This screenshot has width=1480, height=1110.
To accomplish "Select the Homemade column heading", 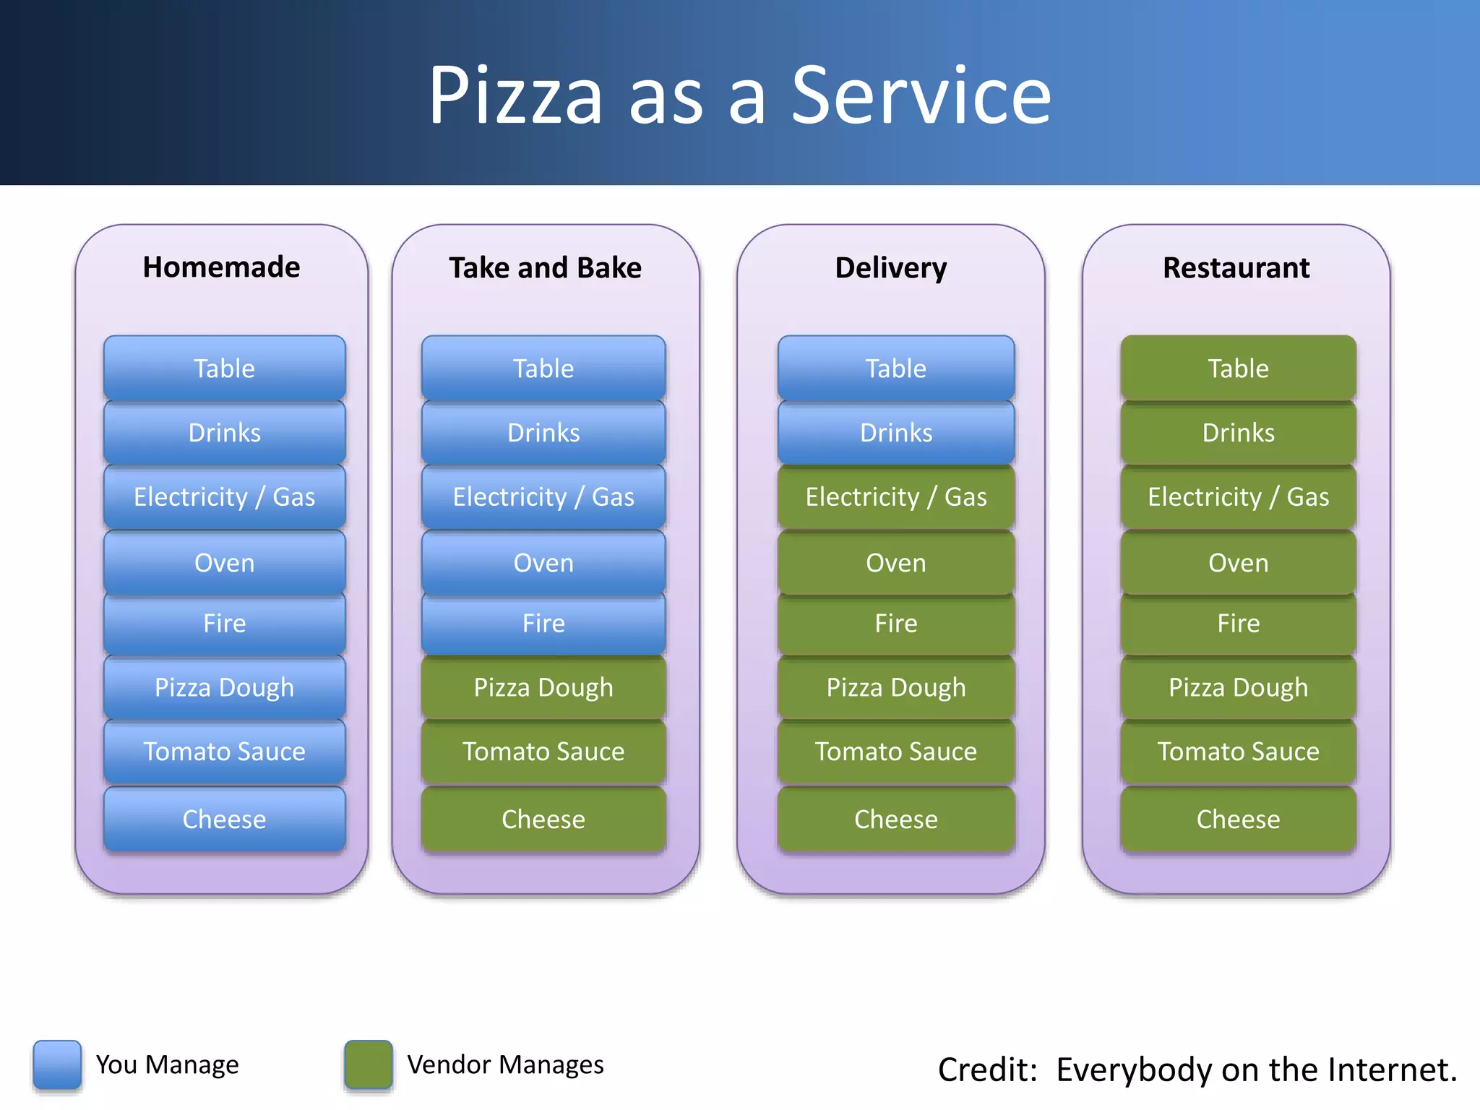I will (x=221, y=267).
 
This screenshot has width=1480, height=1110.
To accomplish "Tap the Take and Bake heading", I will (x=545, y=268).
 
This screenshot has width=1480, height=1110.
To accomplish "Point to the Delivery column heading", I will (x=890, y=268).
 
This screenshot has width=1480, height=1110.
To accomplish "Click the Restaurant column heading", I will (x=1236, y=268).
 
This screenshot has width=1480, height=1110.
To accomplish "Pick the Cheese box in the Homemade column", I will (x=224, y=819).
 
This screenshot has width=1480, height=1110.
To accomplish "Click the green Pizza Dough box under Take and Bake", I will (x=543, y=687).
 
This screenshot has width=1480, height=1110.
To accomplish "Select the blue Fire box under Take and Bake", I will (x=543, y=624).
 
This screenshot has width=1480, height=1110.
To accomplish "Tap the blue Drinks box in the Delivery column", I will (x=896, y=433).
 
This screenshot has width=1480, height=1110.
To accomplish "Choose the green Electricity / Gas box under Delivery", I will (x=896, y=497).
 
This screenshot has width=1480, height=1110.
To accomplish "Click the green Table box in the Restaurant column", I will (x=1238, y=369).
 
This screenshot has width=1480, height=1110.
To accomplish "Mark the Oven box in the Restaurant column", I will (x=1238, y=563).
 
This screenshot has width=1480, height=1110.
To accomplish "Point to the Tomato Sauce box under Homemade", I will (x=224, y=752).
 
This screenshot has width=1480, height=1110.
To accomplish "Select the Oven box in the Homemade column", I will (x=224, y=563).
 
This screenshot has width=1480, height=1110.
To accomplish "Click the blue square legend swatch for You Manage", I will (x=57, y=1064).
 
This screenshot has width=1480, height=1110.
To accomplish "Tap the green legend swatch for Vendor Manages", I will (x=369, y=1064).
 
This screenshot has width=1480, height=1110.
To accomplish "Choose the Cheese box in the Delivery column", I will (x=896, y=819).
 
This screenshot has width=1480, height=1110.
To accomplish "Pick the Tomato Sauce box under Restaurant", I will (x=1238, y=752).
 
